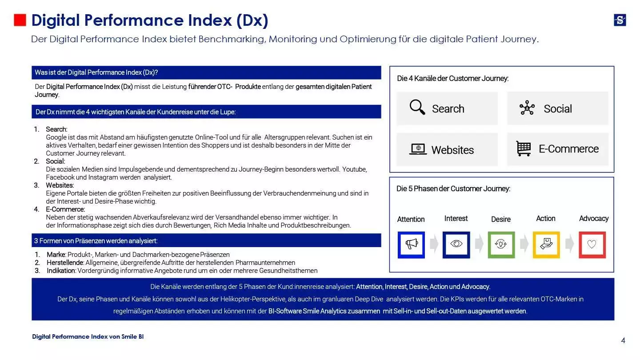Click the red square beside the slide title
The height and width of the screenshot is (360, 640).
tap(20, 20)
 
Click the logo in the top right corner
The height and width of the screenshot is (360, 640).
tap(620, 20)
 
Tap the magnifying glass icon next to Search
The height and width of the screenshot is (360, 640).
tap(417, 108)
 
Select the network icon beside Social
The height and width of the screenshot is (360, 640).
tap(527, 108)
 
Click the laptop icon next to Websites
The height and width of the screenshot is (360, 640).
tap(418, 149)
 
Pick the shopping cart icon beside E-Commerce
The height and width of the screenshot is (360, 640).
tap(524, 148)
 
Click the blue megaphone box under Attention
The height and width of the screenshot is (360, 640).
tap(411, 244)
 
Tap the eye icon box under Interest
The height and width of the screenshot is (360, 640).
tap(456, 244)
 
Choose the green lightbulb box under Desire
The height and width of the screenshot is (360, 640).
tap(501, 244)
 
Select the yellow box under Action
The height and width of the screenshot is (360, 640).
tap(546, 244)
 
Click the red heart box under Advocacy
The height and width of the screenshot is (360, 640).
tap(592, 244)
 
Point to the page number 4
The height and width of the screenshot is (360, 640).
tap(623, 340)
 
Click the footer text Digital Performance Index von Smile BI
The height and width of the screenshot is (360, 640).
tap(88, 336)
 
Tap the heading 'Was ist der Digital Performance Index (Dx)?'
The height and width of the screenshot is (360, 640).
tap(96, 72)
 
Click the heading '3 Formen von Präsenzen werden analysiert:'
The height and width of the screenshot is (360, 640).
tap(96, 241)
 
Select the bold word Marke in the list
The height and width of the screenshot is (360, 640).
tap(56, 255)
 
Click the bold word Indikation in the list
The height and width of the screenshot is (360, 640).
tap(61, 271)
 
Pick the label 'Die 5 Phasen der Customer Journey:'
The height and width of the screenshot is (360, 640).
tap(453, 188)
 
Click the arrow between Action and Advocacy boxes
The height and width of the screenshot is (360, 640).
tap(569, 244)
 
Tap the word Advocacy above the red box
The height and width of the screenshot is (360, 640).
tap(593, 218)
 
